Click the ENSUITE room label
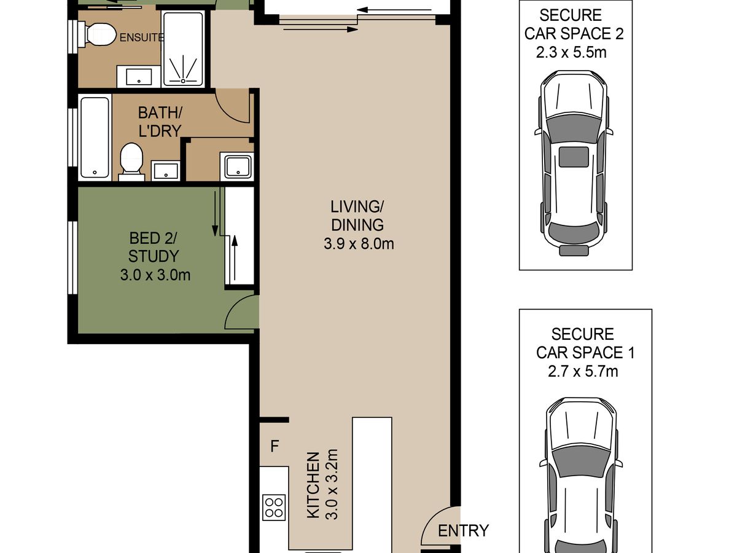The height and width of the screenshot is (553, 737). pyautogui.click(x=142, y=37)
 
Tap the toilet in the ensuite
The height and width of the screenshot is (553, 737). pyautogui.click(x=98, y=34)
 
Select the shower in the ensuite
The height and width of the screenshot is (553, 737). pyautogui.click(x=183, y=49)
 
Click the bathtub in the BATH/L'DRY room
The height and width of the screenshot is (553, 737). pyautogui.click(x=95, y=137)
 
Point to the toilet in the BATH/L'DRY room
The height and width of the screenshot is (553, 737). pyautogui.click(x=131, y=162)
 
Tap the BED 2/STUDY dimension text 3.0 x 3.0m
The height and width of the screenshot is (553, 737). pyautogui.click(x=155, y=275)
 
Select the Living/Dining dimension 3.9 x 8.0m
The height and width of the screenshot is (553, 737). pyautogui.click(x=359, y=244)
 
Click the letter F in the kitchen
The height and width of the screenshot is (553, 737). pyautogui.click(x=275, y=446)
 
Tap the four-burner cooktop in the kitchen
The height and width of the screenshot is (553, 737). pyautogui.click(x=274, y=507)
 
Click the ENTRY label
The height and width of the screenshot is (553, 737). pyautogui.click(x=463, y=530)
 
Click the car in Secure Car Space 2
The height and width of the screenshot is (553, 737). pyautogui.click(x=574, y=163)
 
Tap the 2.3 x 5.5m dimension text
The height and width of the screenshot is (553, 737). pyautogui.click(x=571, y=52)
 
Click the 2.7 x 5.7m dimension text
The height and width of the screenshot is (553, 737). pyautogui.click(x=583, y=371)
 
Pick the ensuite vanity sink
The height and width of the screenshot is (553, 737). pyautogui.click(x=139, y=77)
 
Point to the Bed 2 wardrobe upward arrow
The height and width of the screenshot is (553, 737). pyautogui.click(x=235, y=257)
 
